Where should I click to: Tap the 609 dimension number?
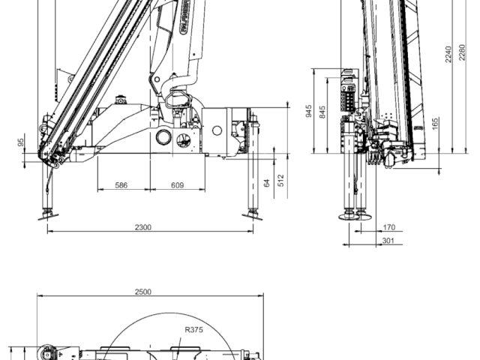178,184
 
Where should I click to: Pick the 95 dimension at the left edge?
22,142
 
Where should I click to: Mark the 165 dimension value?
436,122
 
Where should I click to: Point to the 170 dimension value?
389,226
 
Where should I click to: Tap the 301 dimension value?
389,241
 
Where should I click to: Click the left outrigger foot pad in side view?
47,216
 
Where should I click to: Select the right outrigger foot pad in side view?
252,216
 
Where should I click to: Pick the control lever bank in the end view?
348,91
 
